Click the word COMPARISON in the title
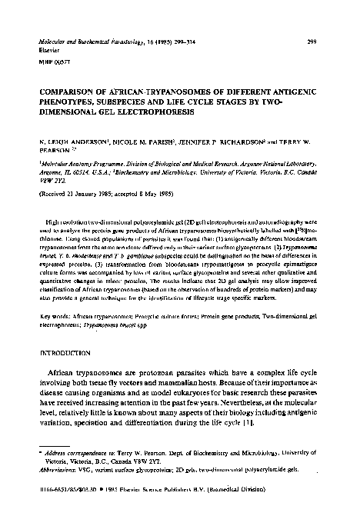click(62, 89)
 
